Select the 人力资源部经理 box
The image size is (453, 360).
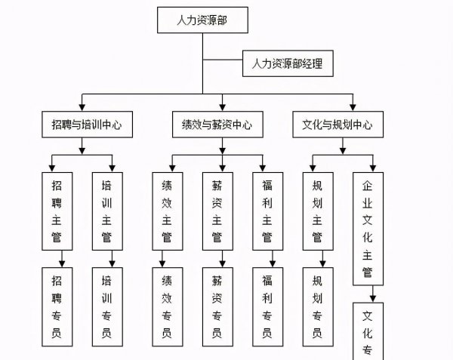[x=287, y=64]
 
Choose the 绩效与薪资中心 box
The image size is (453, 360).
[x=217, y=125]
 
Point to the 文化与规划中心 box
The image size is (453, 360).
[x=332, y=125]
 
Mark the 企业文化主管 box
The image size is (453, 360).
[x=368, y=228]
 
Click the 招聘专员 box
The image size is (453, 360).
[x=57, y=306]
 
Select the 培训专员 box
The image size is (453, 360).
[x=106, y=306]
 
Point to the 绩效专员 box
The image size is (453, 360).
[x=167, y=306]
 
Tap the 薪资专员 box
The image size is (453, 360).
[x=217, y=306]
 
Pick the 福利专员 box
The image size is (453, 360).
[x=267, y=306]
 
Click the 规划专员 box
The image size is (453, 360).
[x=317, y=306]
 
